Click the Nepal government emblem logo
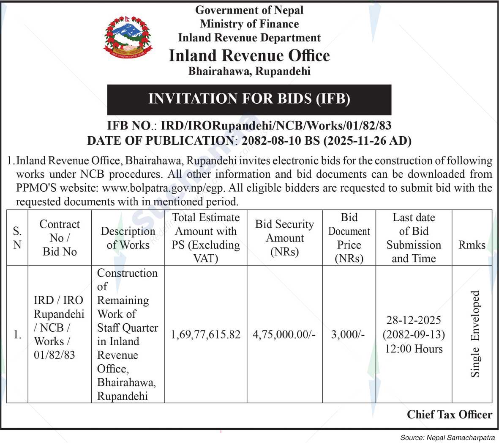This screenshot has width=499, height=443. tap(128, 37)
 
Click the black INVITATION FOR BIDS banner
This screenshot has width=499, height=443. tap(249, 99)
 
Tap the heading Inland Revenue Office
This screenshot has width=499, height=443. tap(249, 56)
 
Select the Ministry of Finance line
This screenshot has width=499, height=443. tap(249, 24)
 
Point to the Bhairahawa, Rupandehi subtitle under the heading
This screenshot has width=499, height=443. tap(249, 71)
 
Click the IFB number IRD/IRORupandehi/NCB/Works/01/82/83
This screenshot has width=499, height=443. tap(276, 126)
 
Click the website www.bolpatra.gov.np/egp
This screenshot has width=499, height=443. tap(166, 187)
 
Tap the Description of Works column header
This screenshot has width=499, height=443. tap(128, 238)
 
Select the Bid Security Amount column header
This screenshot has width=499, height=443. tap(285, 238)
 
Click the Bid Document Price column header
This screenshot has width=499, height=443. tap(349, 238)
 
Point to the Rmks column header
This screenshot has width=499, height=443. tap(472, 245)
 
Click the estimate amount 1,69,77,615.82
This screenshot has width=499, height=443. tap(206, 335)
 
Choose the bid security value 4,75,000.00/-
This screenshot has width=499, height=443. tap(284, 335)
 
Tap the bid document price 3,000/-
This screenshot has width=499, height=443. tap(348, 335)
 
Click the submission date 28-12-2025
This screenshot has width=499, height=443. tap(413, 320)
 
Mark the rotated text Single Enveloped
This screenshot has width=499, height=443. tap(475, 334)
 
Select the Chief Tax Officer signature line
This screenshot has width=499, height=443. tap(450, 415)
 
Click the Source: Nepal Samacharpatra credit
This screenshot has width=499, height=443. tap(447, 437)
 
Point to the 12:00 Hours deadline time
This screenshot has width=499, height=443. tap(413, 349)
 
